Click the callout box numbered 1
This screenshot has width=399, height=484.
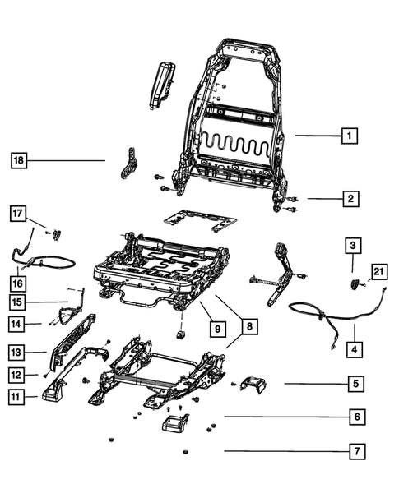(350, 135)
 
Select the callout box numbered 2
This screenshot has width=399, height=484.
(350, 198)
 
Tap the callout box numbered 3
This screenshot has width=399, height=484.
(351, 245)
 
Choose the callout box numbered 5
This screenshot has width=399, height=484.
(355, 383)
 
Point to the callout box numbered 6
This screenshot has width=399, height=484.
(355, 417)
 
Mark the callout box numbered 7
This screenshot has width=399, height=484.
(355, 450)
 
